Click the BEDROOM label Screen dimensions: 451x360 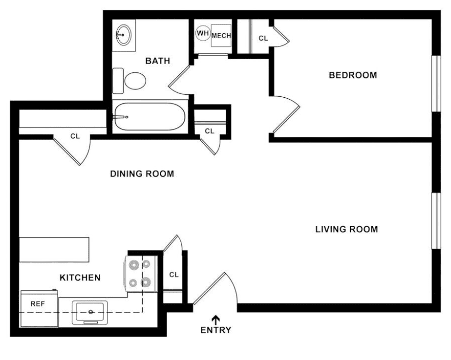[x=353, y=75]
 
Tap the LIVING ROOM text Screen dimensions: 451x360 [x=347, y=229]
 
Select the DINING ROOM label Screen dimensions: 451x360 [x=142, y=174]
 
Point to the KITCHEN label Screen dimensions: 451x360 [x=80, y=278]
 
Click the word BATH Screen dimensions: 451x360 [x=157, y=61]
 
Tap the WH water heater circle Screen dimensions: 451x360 [x=203, y=33]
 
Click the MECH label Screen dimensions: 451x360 [x=221, y=36]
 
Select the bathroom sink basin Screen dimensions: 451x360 [x=124, y=35]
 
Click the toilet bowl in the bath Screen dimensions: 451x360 [x=135, y=81]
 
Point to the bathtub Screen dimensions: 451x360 [x=149, y=117]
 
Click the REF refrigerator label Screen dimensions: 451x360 [x=38, y=303]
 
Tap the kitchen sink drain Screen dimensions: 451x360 [x=91, y=312]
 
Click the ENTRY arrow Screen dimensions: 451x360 [x=216, y=320]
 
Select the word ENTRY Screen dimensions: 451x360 [x=216, y=330]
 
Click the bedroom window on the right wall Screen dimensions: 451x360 [x=436, y=84]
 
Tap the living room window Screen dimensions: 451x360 [x=436, y=220]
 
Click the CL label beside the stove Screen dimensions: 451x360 [x=174, y=275]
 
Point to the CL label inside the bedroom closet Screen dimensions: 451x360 [x=263, y=38]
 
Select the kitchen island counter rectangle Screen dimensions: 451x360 [x=54, y=250]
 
